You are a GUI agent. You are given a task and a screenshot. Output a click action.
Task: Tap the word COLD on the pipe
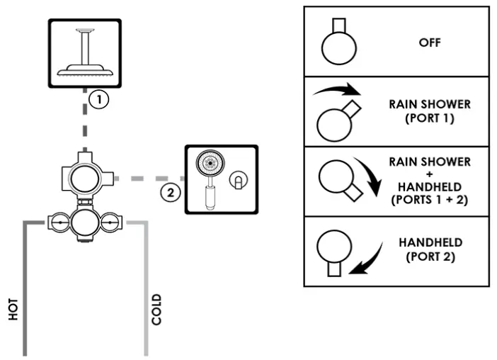coord(156,309)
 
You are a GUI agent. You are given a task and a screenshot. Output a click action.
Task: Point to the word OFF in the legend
coord(430,43)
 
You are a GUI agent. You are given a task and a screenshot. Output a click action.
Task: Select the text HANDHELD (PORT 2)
coord(430,249)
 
